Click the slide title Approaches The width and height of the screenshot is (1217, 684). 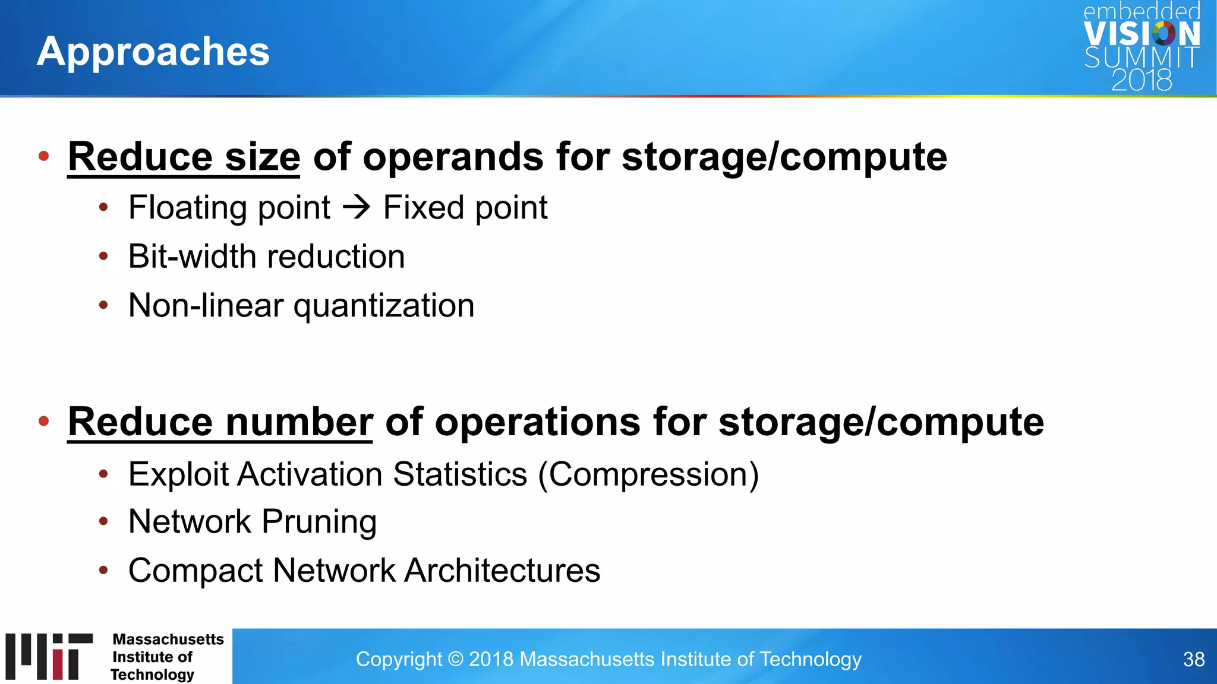click(153, 51)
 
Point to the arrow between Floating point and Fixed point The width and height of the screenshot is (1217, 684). click(357, 207)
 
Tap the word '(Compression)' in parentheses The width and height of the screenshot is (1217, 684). click(648, 474)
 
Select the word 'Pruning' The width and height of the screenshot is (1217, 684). click(319, 522)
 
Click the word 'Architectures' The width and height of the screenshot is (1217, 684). click(502, 571)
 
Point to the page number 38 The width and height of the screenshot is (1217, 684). click(1193, 659)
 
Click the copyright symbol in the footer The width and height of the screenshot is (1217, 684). click(455, 659)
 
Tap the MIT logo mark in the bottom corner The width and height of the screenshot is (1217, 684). click(49, 656)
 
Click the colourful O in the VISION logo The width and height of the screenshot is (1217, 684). click(1164, 33)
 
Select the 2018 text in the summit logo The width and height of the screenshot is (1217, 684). click(1142, 80)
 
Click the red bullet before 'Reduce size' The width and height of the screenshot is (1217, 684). click(43, 156)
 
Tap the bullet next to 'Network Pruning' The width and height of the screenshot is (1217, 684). click(103, 522)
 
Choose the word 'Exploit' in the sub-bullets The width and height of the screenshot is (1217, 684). click(178, 474)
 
